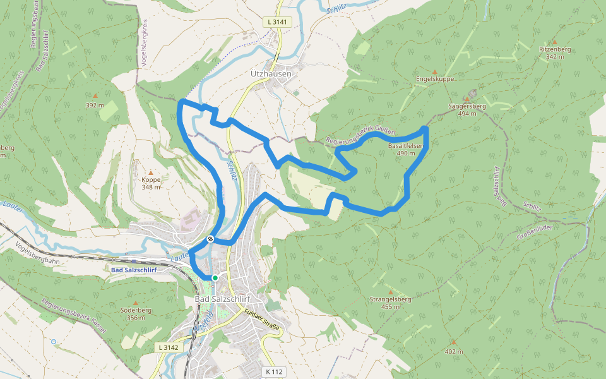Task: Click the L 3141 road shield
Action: [277, 21]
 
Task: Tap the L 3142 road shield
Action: [169, 347]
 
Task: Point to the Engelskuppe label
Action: [435, 79]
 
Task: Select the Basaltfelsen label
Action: [405, 145]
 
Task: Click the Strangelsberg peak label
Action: [391, 299]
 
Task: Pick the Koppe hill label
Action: [151, 179]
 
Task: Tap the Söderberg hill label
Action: [136, 310]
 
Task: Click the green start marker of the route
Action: [215, 277]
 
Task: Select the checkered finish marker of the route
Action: [210, 239]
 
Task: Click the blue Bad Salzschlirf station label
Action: [134, 270]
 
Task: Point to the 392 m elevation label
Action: [94, 105]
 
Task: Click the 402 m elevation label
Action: [453, 351]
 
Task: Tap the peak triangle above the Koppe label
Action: [150, 172]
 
